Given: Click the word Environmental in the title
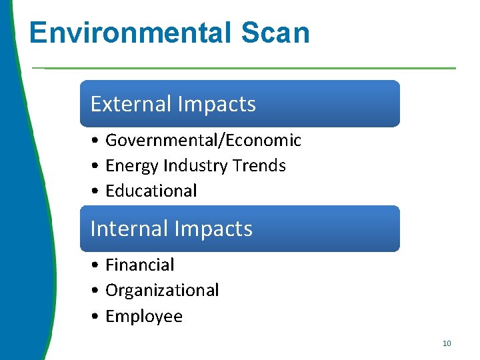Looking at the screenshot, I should pos(121,33).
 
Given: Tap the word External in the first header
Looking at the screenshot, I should pos(131,104).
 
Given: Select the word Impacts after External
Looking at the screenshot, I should pos(217,104).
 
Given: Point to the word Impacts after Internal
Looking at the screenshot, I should pos(213,229).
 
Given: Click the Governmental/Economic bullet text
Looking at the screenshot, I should pos(203,141).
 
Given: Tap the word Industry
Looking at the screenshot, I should pos(187,166).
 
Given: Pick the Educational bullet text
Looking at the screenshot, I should pos(151,191).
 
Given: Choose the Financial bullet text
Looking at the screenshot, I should pos(140,265).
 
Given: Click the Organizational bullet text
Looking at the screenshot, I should pos(162,291).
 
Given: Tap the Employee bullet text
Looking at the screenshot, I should pos(144,316).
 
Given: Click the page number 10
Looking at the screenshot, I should pos(447,343).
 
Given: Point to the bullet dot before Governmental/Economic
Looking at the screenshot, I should pos(97,141).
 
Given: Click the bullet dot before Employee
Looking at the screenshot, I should pos(97,317).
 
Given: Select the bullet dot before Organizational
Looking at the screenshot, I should pos(97,291).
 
